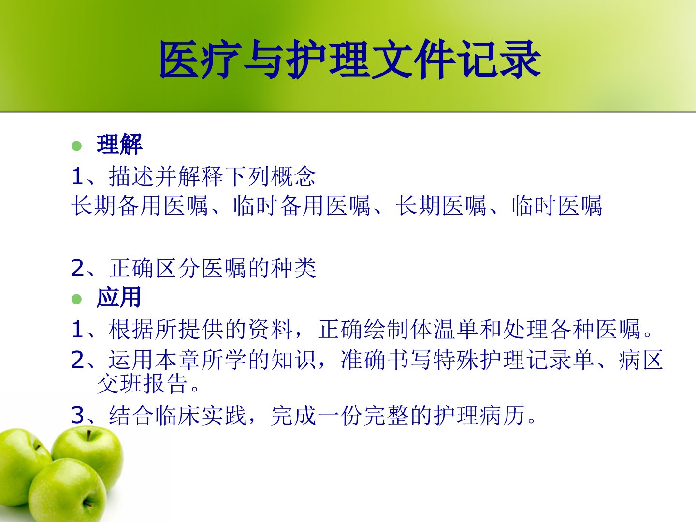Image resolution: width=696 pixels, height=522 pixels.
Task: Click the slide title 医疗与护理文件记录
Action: (x=350, y=59)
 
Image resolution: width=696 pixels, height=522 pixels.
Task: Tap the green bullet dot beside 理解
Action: (x=77, y=146)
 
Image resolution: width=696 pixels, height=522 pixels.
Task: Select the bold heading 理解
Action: (x=119, y=145)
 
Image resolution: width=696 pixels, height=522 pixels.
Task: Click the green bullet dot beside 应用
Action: (x=77, y=299)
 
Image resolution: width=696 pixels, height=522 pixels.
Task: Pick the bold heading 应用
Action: (x=119, y=297)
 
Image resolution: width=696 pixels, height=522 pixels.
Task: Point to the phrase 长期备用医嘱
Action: (x=140, y=206)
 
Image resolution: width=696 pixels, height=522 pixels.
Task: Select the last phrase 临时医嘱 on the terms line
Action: (x=557, y=206)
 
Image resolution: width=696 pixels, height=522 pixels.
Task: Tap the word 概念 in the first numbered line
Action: (x=293, y=176)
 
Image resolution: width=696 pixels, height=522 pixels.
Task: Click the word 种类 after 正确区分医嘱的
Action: (x=293, y=268)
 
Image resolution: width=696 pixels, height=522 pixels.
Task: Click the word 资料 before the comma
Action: (x=271, y=329)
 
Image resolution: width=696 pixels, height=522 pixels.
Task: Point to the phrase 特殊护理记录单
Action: (x=514, y=360)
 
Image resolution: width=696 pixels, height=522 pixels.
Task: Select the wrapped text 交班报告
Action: (x=142, y=383)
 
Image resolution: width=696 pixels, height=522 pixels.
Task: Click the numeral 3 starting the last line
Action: (x=78, y=416)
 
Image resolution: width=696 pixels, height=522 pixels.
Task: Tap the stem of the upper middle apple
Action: (x=89, y=435)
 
